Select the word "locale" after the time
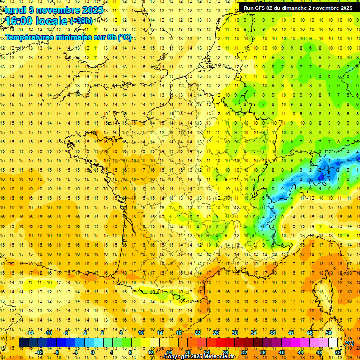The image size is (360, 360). [x=52, y=21]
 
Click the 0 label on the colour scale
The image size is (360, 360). [x=92, y=352]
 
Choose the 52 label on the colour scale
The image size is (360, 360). [x=338, y=352]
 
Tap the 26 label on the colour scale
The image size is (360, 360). [x=216, y=333]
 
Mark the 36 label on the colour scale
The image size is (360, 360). [x=262, y=352]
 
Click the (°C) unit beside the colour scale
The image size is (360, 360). [x=349, y=343]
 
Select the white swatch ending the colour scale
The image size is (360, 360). [x=333, y=343]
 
